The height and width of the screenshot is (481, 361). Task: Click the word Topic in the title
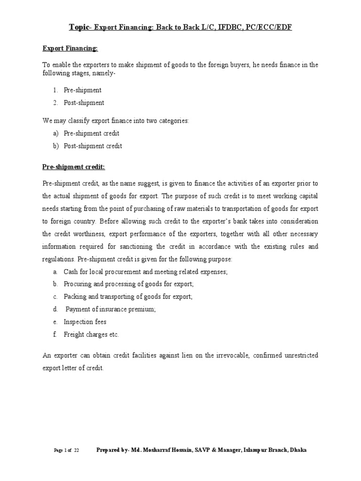[x=79, y=27]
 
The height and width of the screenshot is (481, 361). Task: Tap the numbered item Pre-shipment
[x=83, y=90]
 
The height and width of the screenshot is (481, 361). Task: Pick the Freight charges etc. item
[x=91, y=334]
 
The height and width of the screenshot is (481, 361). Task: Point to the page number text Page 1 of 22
[x=66, y=450]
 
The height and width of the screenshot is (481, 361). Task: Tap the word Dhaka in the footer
[x=298, y=450]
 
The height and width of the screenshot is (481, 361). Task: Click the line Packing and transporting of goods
[x=128, y=297]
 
